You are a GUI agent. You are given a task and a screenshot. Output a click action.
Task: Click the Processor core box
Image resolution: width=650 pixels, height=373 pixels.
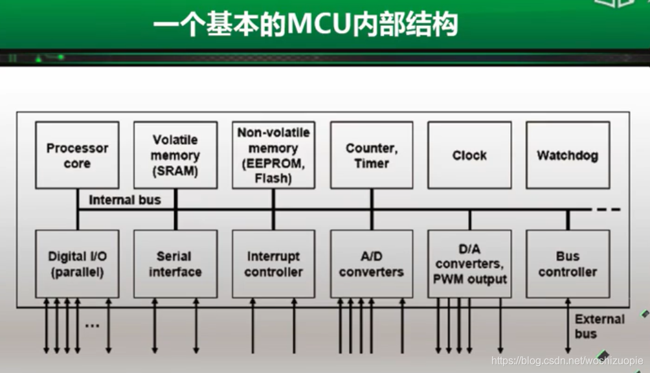[x=77, y=155]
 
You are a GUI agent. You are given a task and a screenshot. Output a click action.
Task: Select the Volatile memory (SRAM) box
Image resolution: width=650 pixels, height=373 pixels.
[x=175, y=155]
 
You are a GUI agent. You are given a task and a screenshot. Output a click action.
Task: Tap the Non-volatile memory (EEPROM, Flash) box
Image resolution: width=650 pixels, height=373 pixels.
[x=273, y=155]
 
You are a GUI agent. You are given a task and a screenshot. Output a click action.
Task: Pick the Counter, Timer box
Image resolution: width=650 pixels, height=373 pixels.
[x=372, y=155]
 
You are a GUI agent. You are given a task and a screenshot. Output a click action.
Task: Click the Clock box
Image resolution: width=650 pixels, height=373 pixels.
[x=469, y=155]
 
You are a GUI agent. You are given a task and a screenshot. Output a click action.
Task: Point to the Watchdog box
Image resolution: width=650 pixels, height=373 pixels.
[x=567, y=155]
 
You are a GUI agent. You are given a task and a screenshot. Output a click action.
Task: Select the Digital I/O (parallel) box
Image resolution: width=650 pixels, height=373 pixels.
[x=77, y=264]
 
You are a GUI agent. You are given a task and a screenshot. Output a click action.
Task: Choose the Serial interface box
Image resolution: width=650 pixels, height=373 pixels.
[x=175, y=264]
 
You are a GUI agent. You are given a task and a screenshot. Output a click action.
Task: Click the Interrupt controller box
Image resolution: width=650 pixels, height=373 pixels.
[x=273, y=264]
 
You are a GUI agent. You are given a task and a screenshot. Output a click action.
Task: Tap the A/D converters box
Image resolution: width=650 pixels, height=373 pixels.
[x=372, y=264]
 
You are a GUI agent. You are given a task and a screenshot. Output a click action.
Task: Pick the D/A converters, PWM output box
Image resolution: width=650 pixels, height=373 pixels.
[x=469, y=264]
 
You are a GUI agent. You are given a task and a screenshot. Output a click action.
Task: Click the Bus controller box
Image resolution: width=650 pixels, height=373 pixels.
[x=567, y=264]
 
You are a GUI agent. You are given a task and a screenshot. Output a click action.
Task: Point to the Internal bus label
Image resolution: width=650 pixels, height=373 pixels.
[x=124, y=200]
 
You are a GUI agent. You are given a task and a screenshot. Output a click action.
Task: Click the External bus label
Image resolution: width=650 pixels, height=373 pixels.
[x=600, y=326]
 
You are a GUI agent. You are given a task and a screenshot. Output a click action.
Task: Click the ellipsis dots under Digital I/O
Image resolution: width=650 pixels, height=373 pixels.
[x=92, y=325]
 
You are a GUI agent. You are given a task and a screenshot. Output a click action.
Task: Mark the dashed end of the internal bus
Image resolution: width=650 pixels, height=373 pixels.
[x=609, y=209]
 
